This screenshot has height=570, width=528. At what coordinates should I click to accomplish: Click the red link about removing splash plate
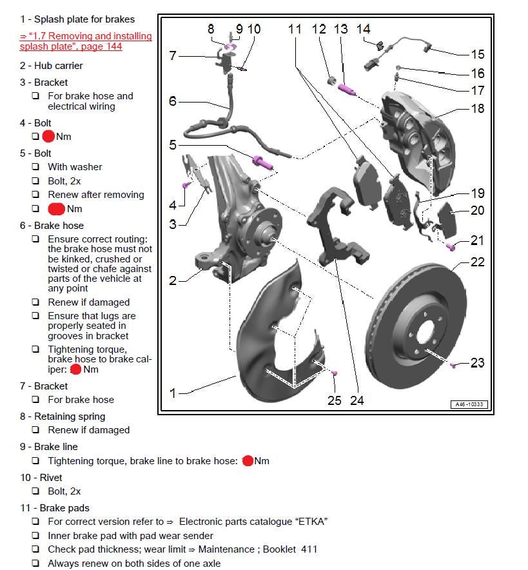85,41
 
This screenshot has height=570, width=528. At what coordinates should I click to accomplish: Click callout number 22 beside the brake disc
477,262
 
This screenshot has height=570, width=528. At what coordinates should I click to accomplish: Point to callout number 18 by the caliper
477,108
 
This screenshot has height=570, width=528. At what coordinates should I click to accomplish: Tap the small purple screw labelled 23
453,366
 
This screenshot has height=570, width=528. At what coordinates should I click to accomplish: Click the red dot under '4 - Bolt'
48,137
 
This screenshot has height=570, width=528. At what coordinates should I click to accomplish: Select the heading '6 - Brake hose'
52,226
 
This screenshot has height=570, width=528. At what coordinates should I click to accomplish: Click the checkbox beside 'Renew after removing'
35,195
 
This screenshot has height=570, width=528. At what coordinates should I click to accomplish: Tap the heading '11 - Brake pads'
55,508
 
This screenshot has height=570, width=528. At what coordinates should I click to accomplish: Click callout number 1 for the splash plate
172,393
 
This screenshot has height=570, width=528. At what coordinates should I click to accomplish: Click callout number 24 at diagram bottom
357,400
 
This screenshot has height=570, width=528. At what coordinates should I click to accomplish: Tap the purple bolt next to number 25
335,373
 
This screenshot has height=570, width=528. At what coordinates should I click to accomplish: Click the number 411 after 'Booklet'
309,549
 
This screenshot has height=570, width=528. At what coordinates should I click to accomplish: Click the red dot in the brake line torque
247,461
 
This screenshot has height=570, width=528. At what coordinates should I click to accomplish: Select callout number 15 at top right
477,54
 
